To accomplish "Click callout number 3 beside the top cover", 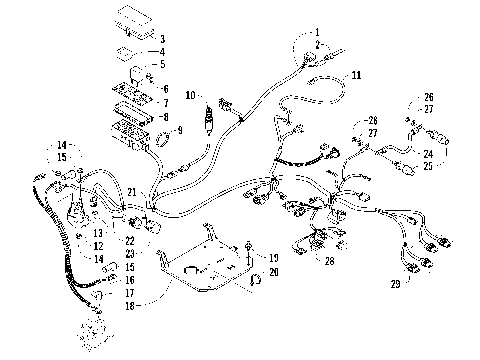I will [x=162, y=38].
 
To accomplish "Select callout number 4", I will [x=162, y=51].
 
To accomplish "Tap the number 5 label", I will [x=162, y=64].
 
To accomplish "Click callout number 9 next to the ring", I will [x=179, y=130].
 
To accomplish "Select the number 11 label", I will [x=356, y=75].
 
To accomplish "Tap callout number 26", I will [x=428, y=97].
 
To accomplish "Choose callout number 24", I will [x=428, y=153].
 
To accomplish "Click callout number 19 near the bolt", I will [x=273, y=257].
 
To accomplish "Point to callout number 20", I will [x=273, y=271].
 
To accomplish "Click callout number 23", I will [x=130, y=254].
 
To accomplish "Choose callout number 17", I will [x=130, y=293].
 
